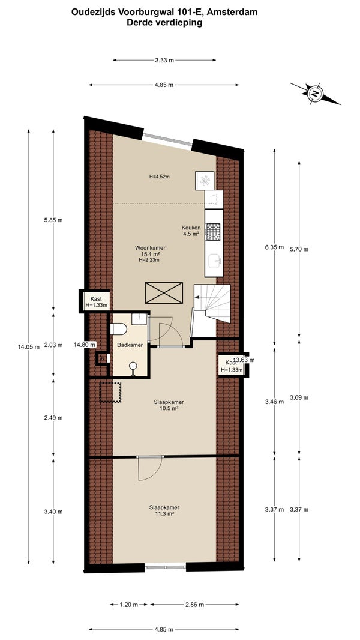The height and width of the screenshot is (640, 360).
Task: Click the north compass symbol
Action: [315, 94]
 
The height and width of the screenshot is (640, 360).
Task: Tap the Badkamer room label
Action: [130, 345]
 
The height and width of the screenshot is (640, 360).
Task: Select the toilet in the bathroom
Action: [118, 329]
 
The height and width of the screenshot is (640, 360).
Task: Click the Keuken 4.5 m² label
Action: [191, 231]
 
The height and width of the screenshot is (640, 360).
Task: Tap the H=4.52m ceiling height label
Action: [159, 177]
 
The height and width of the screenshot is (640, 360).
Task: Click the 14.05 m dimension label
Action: [29, 347]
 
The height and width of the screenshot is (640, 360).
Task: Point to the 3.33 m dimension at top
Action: [164, 60]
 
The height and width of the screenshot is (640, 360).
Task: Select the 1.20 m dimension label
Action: [130, 605]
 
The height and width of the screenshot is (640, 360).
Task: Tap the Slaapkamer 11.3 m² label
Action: [164, 510]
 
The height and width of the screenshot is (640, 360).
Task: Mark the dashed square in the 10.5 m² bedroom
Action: [110, 392]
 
